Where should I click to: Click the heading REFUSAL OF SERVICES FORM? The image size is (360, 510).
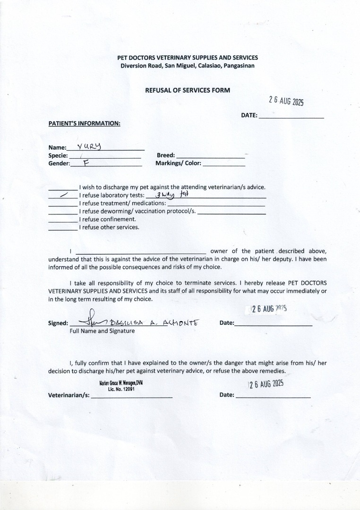click(x=188, y=90)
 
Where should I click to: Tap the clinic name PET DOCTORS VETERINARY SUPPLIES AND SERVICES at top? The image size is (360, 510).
click(x=188, y=58)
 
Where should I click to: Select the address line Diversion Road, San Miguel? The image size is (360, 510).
click(x=188, y=66)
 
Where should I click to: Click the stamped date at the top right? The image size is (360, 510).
click(x=286, y=101)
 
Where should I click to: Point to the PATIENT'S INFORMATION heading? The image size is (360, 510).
click(x=84, y=124)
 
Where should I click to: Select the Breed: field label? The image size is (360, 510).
click(x=166, y=155)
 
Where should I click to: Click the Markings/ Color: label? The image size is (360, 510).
click(x=178, y=163)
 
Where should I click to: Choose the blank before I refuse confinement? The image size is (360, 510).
click(x=63, y=220)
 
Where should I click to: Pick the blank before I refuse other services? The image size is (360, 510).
click(x=63, y=228)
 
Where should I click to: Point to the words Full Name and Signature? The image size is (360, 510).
click(x=102, y=331)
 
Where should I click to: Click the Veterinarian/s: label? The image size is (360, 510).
click(x=69, y=395)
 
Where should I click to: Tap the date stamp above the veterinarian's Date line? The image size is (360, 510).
click(x=266, y=384)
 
